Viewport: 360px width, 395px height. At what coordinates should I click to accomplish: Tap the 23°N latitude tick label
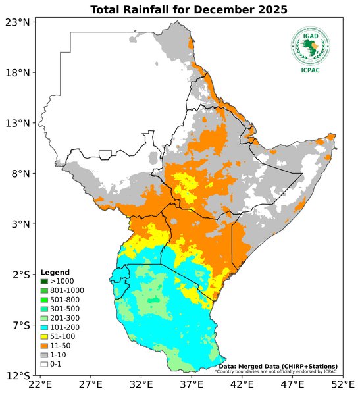[x=18, y=22]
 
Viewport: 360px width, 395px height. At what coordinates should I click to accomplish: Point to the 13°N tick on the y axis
[x=18, y=123]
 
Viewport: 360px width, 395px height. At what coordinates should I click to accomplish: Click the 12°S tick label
[x=18, y=376]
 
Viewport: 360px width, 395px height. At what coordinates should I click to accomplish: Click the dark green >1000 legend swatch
[x=44, y=282]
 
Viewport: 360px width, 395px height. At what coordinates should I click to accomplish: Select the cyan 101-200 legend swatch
[x=44, y=327]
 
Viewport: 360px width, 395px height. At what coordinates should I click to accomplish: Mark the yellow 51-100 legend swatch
[x=44, y=336]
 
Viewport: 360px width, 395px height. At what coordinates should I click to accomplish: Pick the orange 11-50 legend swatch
[x=44, y=346]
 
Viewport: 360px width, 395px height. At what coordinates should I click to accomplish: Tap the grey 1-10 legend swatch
[x=44, y=355]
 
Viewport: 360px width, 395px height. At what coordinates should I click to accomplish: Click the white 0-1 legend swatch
[x=44, y=364]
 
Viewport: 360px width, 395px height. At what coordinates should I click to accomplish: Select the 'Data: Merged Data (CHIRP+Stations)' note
[x=278, y=366]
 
